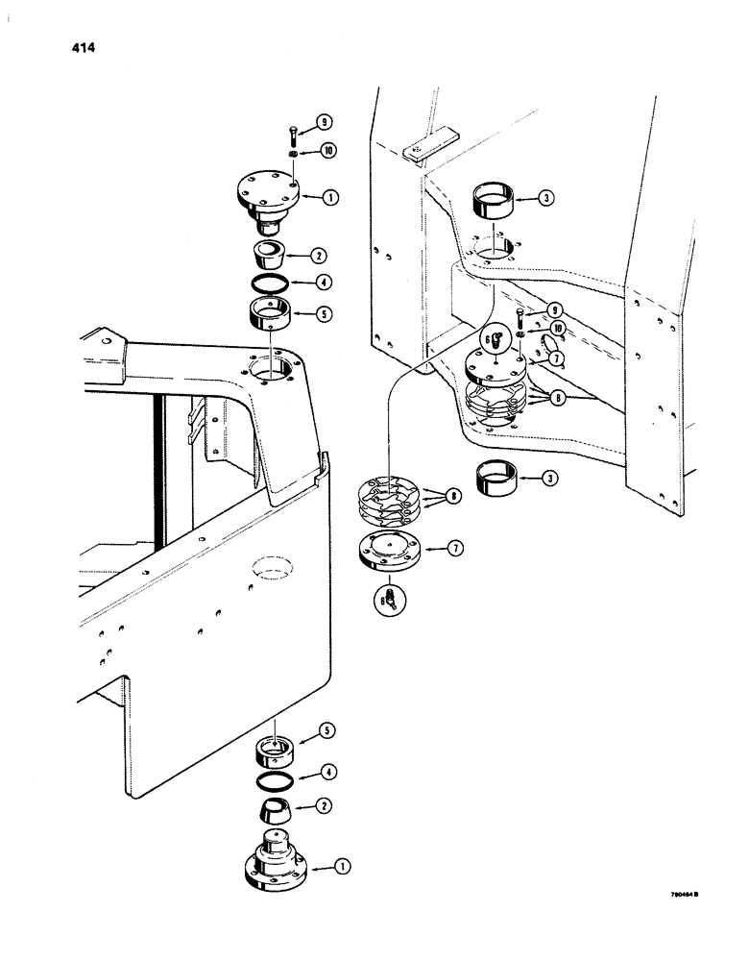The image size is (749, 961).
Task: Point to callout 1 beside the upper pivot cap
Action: [x=329, y=199]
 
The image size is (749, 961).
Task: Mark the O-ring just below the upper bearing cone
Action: [x=269, y=283]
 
